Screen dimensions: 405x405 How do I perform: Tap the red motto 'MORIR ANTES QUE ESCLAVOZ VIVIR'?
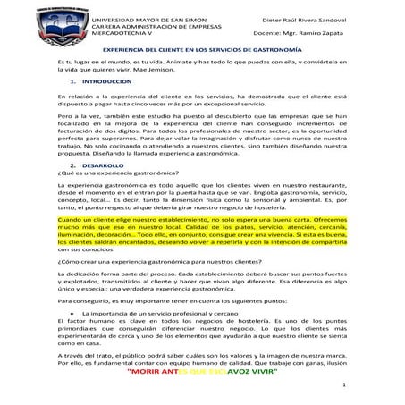[x=202, y=374]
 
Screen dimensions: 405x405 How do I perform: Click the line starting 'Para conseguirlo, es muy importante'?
[x=161, y=303]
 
